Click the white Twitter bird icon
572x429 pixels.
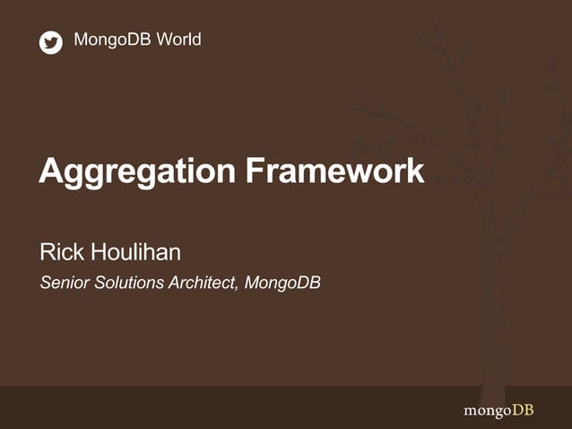click(x=51, y=42)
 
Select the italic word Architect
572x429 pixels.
click(x=203, y=284)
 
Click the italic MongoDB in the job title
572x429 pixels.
click(x=282, y=284)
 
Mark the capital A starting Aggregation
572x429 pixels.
click(x=50, y=171)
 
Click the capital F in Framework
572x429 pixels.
click(x=256, y=171)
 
